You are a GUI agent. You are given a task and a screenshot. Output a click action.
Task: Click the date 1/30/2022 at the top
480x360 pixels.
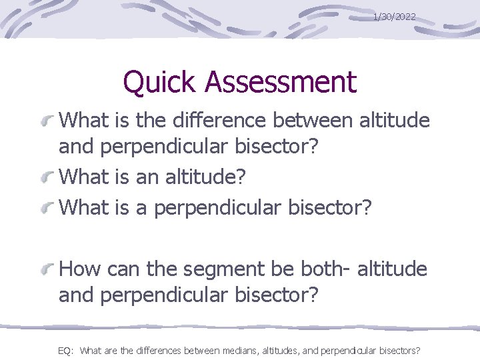click(394, 16)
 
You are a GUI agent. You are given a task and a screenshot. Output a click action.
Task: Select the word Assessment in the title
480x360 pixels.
click(281, 83)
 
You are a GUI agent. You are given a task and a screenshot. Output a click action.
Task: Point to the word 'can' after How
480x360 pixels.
click(121, 269)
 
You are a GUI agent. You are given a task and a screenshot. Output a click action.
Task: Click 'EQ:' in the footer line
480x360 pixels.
click(65, 350)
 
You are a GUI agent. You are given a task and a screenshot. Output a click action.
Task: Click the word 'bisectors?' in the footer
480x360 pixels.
click(398, 350)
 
